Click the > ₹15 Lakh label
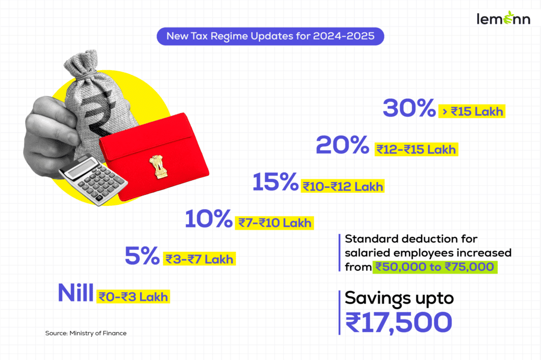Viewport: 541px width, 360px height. click(x=472, y=112)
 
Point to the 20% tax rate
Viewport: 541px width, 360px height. click(x=342, y=145)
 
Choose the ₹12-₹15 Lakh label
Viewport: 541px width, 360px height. click(x=415, y=149)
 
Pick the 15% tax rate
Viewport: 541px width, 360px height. click(x=275, y=183)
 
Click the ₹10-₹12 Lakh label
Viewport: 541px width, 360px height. click(x=342, y=186)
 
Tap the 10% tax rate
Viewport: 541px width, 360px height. click(x=209, y=219)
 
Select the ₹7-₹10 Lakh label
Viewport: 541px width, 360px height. click(x=274, y=223)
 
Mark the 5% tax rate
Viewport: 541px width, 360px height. click(x=142, y=256)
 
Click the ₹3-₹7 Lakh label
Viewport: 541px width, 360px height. click(x=199, y=259)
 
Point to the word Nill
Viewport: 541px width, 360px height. click(x=77, y=293)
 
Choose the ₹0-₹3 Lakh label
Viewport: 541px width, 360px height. click(x=134, y=297)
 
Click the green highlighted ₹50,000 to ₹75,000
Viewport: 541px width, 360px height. click(x=435, y=267)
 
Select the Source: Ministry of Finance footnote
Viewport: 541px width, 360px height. click(x=86, y=333)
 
